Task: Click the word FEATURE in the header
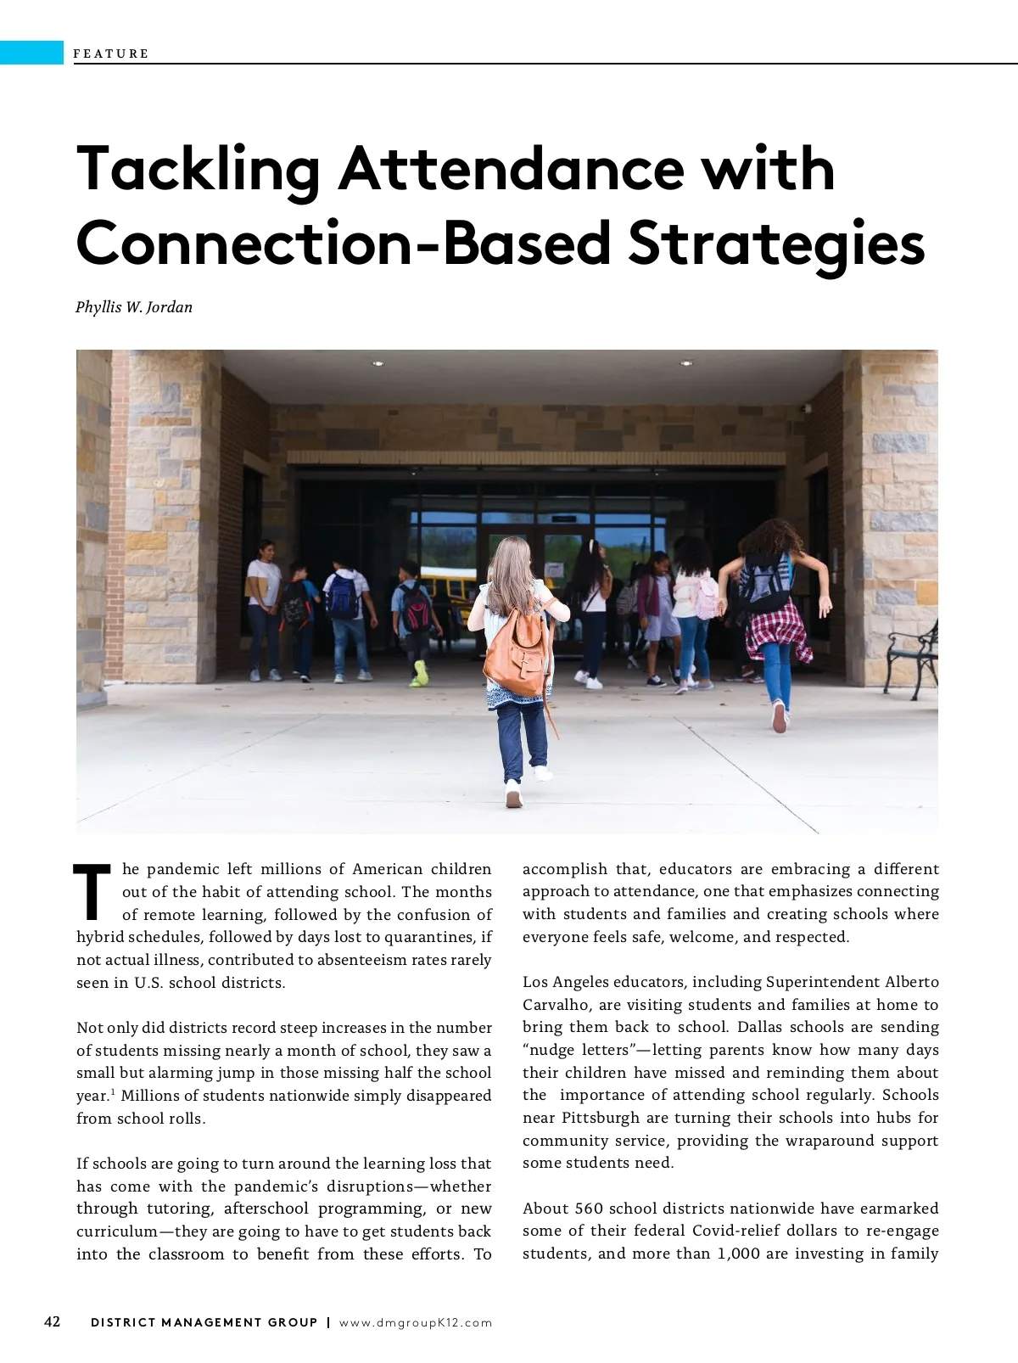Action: tap(111, 53)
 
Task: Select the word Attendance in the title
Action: tap(512, 169)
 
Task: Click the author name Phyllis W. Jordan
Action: tap(134, 307)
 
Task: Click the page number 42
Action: tap(53, 1321)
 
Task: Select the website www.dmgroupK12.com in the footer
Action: tap(416, 1322)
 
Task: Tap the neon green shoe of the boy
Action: tap(420, 674)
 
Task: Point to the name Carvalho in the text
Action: tap(556, 1005)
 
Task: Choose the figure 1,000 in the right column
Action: tap(738, 1254)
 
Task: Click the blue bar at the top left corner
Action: tap(31, 53)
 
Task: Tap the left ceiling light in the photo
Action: tap(378, 364)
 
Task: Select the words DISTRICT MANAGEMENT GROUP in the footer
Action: tap(204, 1322)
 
